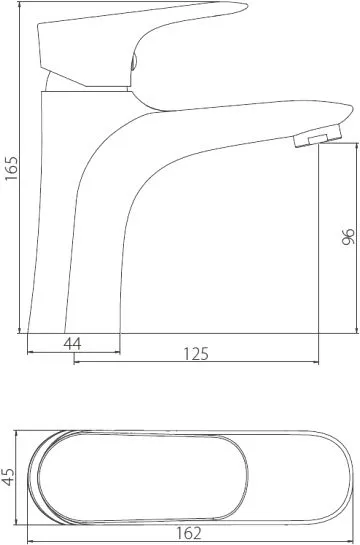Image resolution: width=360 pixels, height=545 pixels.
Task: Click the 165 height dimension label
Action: click(12, 168)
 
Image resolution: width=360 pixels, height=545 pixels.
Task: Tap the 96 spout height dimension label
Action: click(348, 237)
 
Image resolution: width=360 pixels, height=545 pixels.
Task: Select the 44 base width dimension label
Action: click(72, 344)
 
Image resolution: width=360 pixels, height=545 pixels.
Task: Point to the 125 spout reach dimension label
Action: click(196, 354)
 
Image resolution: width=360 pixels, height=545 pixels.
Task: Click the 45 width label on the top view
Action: click(8, 477)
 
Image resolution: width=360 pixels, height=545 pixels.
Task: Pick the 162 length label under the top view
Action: click(189, 533)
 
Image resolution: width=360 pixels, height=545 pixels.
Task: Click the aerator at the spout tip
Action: click(317, 136)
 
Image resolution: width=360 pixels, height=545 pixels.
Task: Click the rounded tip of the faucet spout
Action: click(350, 111)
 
